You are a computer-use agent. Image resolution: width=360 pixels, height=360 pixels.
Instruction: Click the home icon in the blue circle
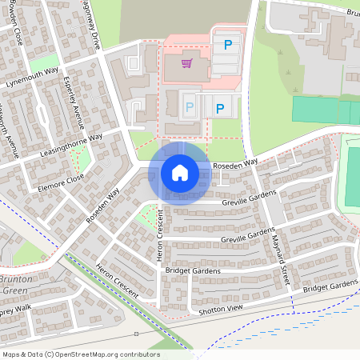(179, 172)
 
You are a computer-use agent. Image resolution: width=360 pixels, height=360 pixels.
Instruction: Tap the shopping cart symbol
(187, 63)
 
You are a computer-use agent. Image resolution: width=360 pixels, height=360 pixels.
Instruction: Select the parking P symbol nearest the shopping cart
(229, 46)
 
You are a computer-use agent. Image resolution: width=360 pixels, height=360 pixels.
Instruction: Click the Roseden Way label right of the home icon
(235, 163)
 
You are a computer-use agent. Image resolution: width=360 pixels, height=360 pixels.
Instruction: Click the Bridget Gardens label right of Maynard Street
(330, 286)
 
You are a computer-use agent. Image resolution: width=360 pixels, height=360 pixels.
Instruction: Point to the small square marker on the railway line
(136, 333)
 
